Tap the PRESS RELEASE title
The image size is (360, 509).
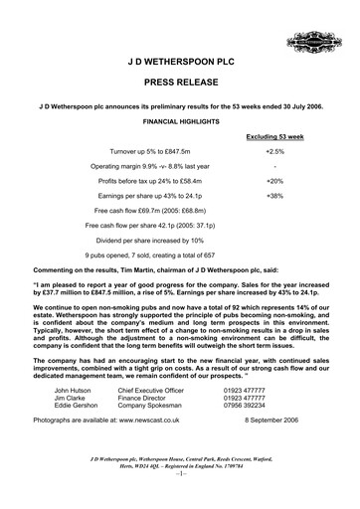point(180,86)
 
